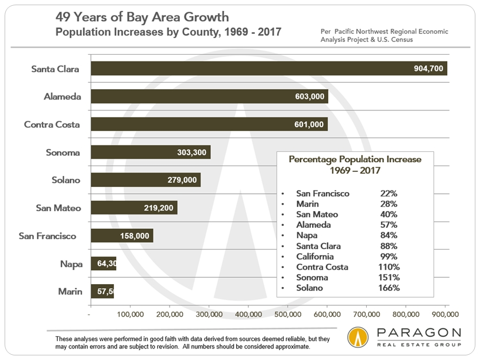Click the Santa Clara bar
(x=268, y=68)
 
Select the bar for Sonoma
(x=151, y=152)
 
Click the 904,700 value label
(x=428, y=68)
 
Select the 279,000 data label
(x=182, y=180)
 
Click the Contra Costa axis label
(x=52, y=124)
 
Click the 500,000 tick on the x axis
(x=287, y=315)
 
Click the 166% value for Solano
(x=389, y=288)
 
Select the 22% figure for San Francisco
(x=388, y=194)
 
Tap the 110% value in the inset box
(x=389, y=267)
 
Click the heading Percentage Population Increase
(x=355, y=159)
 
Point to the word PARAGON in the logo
(x=418, y=334)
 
